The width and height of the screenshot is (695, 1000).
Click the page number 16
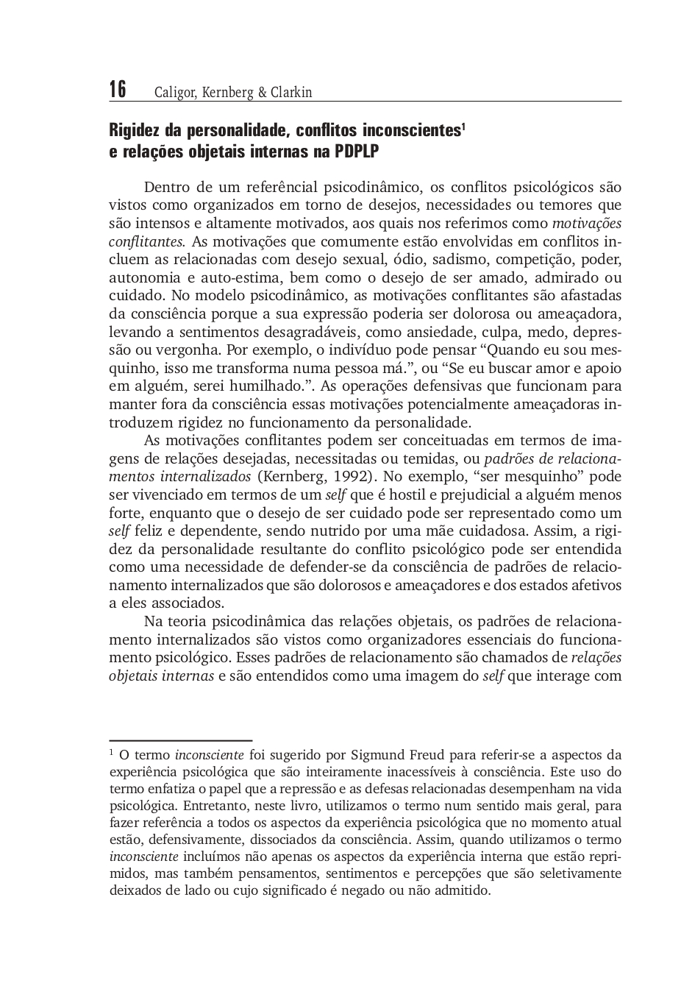coord(118,90)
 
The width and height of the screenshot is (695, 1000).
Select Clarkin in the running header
coord(291,93)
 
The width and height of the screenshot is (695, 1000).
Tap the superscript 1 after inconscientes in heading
coord(463,127)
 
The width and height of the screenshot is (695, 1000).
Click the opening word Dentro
coord(168,187)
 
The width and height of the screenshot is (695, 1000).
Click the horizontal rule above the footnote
coord(180,740)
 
